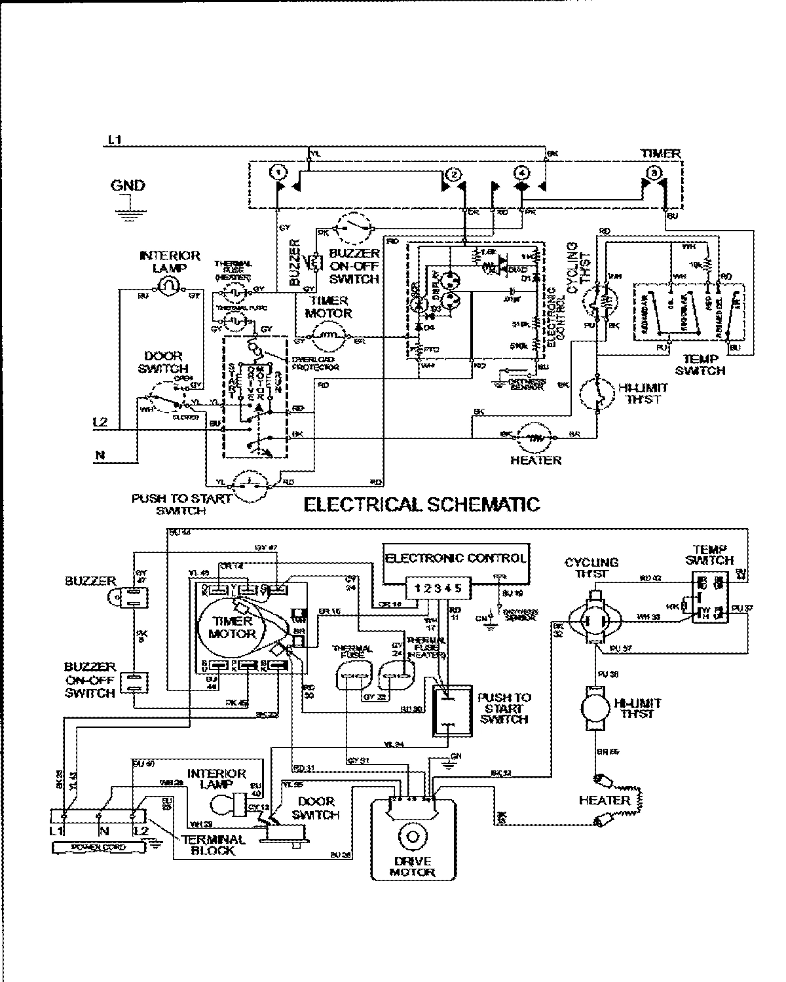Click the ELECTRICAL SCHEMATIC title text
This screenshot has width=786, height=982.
[422, 504]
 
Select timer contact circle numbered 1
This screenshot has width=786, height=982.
[279, 173]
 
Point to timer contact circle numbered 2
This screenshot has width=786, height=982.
[453, 174]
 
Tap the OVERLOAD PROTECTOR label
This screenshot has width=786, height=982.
[314, 364]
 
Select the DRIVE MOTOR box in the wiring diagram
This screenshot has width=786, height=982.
[412, 839]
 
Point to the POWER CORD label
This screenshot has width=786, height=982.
[99, 848]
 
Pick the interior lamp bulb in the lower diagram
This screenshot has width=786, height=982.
[227, 804]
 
